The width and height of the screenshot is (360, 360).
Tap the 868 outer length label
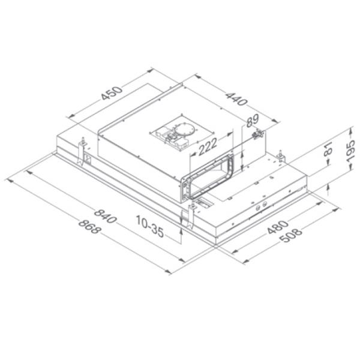pyautogui.click(x=88, y=229)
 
